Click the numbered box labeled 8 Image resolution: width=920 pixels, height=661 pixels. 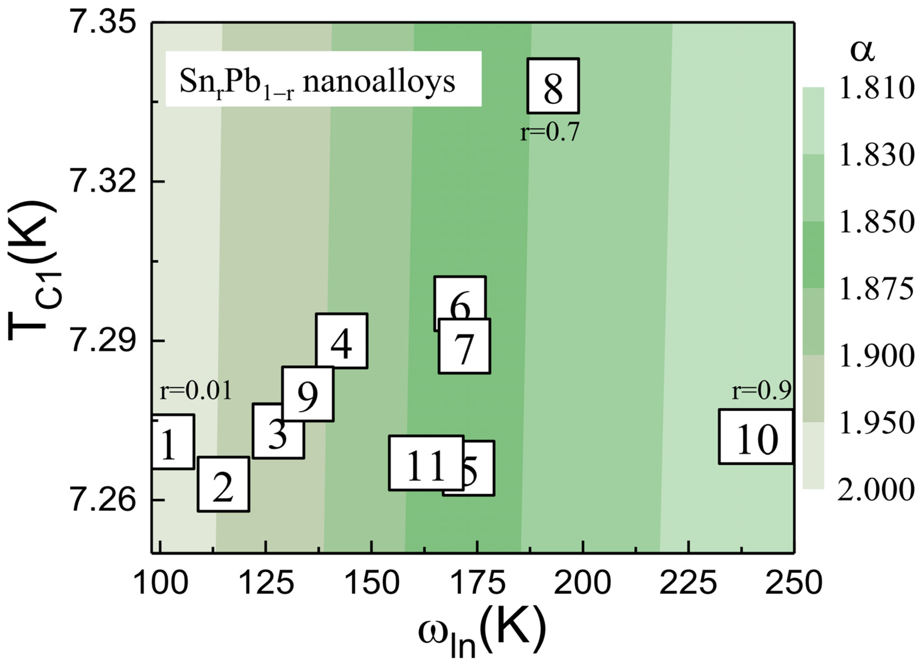(553, 86)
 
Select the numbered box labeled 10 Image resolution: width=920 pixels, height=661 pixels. (756, 437)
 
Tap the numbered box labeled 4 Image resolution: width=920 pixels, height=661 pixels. (342, 341)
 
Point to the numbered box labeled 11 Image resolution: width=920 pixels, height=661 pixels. (426, 463)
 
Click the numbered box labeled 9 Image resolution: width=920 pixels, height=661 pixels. (308, 394)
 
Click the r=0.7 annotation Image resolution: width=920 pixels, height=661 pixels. (550, 132)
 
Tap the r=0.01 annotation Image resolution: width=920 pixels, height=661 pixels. (196, 391)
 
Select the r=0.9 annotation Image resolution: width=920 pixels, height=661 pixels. (761, 391)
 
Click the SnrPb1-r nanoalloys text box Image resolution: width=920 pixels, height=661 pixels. (323, 79)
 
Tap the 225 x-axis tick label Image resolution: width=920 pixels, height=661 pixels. (688, 584)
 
